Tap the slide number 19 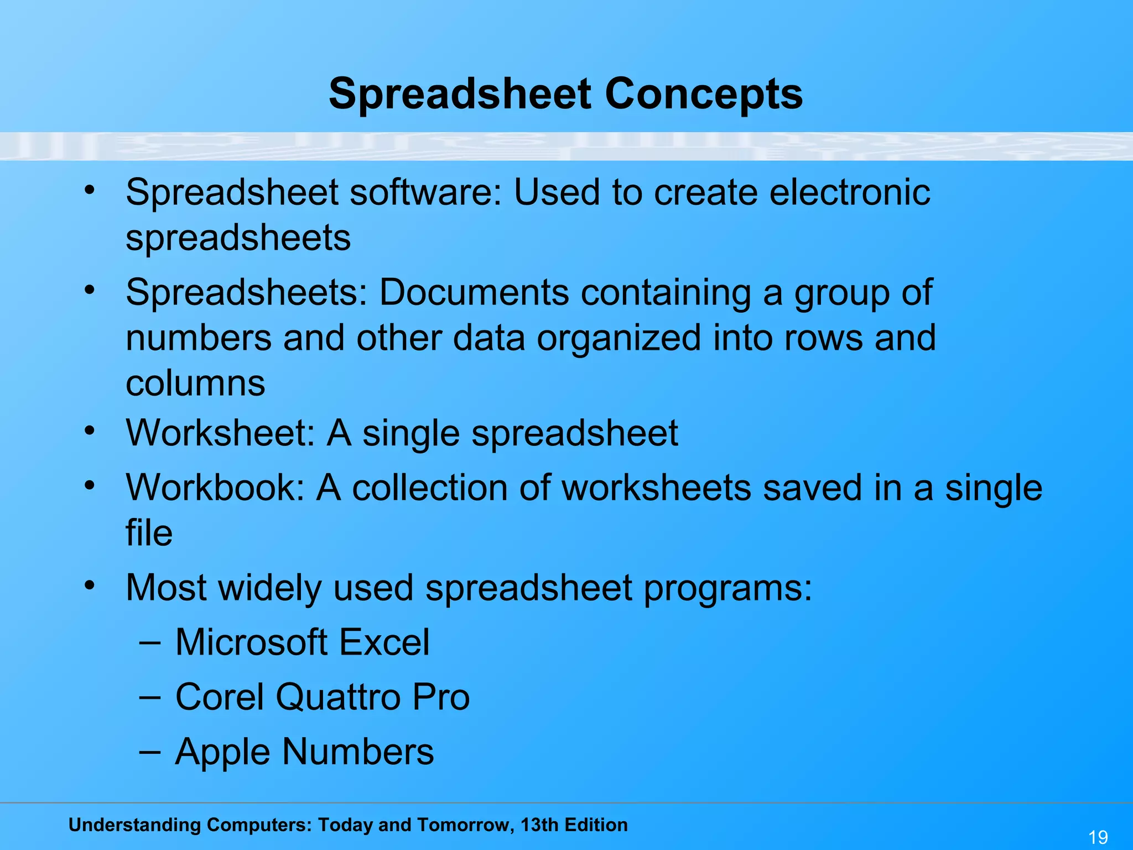[1098, 837]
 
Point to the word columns [195, 383]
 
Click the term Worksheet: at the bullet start [220, 433]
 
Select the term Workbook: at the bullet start [215, 488]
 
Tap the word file [149, 533]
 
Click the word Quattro [338, 697]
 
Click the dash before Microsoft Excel [150, 642]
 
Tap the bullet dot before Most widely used [90, 585]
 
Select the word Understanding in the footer [134, 825]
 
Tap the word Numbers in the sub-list [358, 753]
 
